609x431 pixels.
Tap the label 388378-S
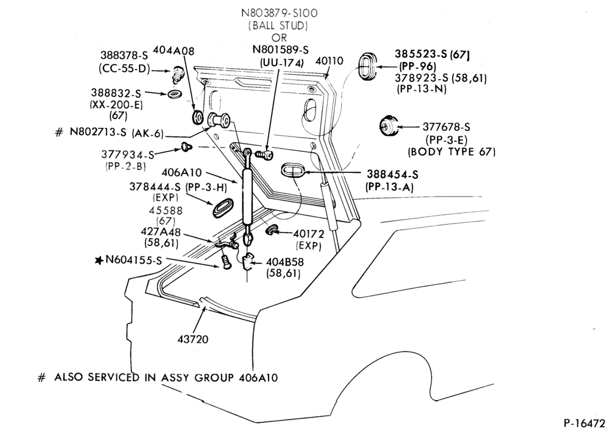point(122,56)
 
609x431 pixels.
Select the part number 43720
point(193,339)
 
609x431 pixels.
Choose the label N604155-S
point(133,260)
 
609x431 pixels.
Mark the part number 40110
point(329,61)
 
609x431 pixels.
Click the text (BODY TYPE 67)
point(452,152)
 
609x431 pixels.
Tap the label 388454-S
point(392,175)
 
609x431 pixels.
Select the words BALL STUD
point(279,26)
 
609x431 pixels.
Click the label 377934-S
point(128,154)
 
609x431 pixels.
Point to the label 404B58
point(284,262)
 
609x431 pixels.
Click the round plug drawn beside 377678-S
point(389,126)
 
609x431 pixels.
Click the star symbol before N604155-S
point(99,260)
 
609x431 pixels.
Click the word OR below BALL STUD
point(279,38)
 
